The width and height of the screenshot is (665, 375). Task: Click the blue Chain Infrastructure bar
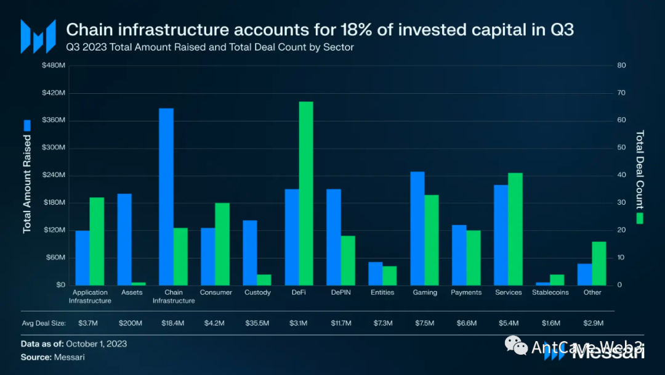[166, 196]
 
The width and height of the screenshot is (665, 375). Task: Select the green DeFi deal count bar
[306, 193]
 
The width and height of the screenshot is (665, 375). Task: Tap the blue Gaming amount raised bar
[417, 228]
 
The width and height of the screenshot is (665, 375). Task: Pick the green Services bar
[515, 229]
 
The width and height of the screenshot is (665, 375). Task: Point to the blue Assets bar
[124, 239]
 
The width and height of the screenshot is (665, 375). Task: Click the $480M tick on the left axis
[53, 66]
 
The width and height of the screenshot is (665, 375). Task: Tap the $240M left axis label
[53, 175]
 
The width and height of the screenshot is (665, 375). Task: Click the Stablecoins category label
[550, 292]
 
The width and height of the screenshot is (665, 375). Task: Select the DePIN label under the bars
[341, 292]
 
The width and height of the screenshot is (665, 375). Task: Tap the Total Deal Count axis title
[640, 170]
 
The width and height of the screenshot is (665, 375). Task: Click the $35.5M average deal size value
[257, 323]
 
